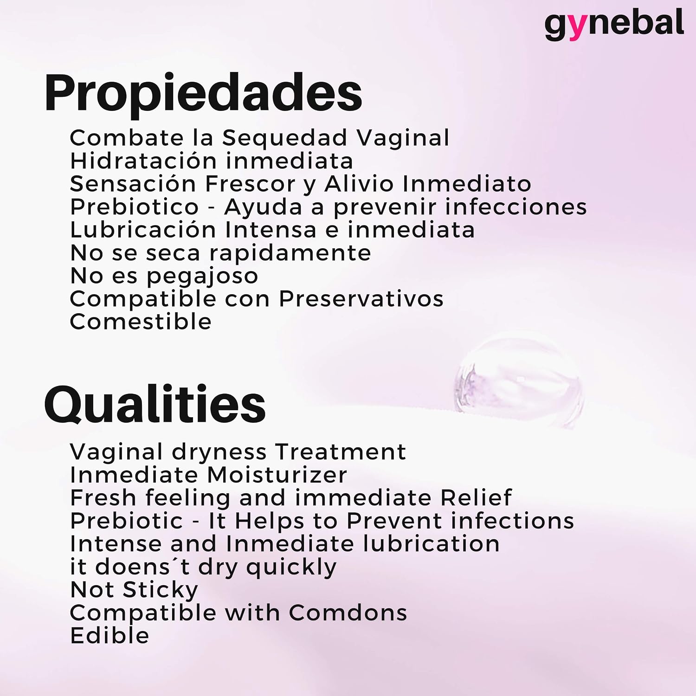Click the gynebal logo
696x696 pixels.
pos(614,25)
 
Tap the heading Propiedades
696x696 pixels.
pos(203,94)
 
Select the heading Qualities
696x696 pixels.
pos(155,405)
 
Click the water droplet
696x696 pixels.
pos(519,380)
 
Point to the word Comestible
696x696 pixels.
pos(141,322)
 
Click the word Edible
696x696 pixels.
pos(110,636)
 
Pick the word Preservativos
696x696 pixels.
pos(361,298)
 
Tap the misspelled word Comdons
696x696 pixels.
pos(348,612)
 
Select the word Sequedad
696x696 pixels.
pos(284,138)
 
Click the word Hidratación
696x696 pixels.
pos(143,161)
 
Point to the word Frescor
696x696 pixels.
pos(250,184)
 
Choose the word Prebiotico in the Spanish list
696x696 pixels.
pos(135,206)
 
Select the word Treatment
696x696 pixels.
pos(341,451)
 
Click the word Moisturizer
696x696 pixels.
pos(277,475)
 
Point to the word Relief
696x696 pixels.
pos(476,497)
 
